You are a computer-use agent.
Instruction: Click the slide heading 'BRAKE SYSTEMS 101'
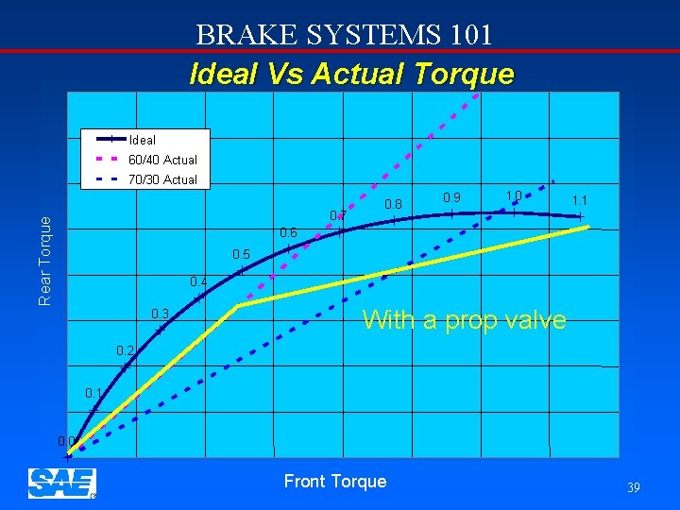(x=345, y=35)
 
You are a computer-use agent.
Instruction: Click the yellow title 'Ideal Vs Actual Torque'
(x=351, y=74)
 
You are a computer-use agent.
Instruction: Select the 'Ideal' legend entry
(x=142, y=140)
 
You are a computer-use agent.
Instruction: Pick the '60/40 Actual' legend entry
(x=162, y=160)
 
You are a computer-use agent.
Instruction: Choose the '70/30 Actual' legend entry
(x=162, y=179)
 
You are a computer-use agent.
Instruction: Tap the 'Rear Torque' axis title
(x=44, y=258)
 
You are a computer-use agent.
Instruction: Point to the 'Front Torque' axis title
(x=335, y=482)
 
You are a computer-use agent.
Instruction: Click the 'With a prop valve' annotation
(x=464, y=320)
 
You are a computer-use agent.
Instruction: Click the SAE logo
(x=62, y=483)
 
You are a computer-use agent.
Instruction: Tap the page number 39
(x=633, y=487)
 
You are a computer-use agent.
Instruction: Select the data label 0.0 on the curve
(x=66, y=441)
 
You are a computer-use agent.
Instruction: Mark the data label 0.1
(x=93, y=393)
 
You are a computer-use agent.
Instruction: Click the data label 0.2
(x=125, y=351)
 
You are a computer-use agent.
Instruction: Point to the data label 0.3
(x=160, y=314)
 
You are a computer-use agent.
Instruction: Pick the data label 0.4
(x=198, y=281)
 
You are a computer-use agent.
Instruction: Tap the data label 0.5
(x=241, y=255)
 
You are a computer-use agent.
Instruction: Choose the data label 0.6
(x=288, y=233)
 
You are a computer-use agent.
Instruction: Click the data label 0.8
(x=394, y=204)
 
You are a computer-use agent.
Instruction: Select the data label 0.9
(x=452, y=197)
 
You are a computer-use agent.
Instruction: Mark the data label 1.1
(x=580, y=200)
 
